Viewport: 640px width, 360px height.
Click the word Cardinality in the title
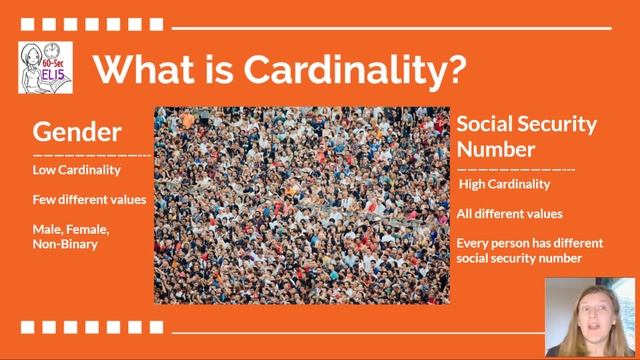pyautogui.click(x=349, y=69)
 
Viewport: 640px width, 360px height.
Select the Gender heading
pyautogui.click(x=77, y=132)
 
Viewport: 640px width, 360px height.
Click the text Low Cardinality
pyautogui.click(x=76, y=170)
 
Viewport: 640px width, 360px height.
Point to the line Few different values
pyautogui.click(x=89, y=199)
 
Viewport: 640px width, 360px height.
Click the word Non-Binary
pyautogui.click(x=65, y=243)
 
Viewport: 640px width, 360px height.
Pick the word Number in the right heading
pyautogui.click(x=496, y=149)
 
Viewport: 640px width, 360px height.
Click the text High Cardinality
pyautogui.click(x=504, y=184)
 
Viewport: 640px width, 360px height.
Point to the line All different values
pyautogui.click(x=509, y=213)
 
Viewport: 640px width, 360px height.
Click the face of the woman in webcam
pyautogui.click(x=590, y=323)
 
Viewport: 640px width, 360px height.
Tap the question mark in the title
pyautogui.click(x=456, y=69)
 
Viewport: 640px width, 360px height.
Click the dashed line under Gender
pyautogui.click(x=92, y=155)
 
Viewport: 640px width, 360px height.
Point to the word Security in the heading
pyautogui.click(x=557, y=125)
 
